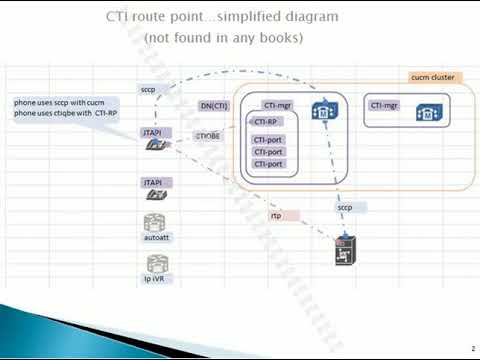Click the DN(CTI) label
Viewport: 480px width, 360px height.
(x=215, y=105)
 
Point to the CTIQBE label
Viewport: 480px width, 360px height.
(x=208, y=133)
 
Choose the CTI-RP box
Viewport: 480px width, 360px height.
(x=266, y=122)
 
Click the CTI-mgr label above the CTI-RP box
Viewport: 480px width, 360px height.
(x=277, y=104)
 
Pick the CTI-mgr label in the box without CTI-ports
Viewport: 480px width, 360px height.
(x=384, y=104)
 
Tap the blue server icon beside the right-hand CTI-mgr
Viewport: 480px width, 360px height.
(x=425, y=113)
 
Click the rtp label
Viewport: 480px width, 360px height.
(x=276, y=215)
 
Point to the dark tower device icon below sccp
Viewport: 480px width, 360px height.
(x=345, y=251)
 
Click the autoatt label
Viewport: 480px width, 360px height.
(x=156, y=238)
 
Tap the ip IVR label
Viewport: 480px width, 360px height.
(x=155, y=279)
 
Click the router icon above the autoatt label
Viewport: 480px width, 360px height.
(x=155, y=222)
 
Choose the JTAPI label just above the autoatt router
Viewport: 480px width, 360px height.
(x=153, y=182)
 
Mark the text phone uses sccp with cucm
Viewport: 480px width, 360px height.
(x=60, y=103)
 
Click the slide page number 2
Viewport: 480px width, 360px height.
(x=471, y=348)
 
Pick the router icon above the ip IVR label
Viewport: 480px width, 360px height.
(x=155, y=263)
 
